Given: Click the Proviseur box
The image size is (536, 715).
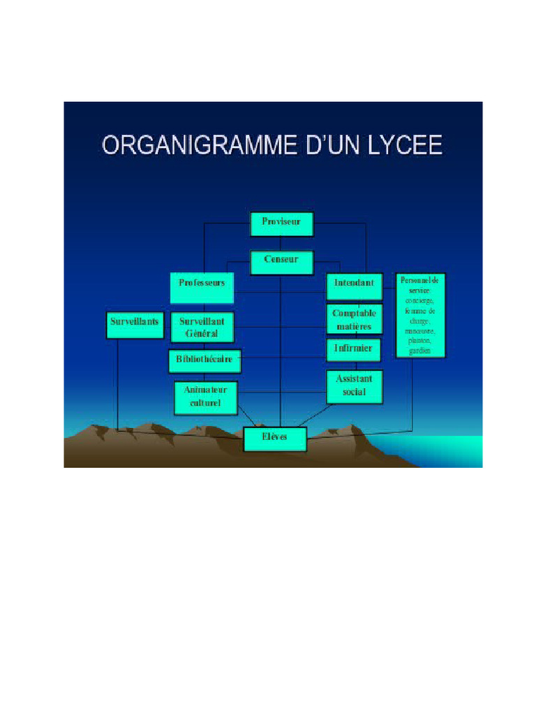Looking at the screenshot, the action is click(282, 224).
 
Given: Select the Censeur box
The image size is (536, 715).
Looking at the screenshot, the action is click(282, 262).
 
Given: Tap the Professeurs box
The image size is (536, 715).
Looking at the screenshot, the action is click(202, 287).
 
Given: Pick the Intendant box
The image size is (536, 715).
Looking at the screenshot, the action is click(355, 286).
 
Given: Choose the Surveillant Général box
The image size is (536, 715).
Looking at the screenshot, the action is click(202, 327).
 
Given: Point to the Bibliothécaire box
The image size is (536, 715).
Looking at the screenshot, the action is click(204, 361).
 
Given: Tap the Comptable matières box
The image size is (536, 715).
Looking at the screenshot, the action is click(355, 320).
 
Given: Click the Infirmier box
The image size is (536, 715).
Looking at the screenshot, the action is click(355, 350).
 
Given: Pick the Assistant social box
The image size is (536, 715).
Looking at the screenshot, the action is click(355, 386).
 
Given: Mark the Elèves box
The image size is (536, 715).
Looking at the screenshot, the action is click(275, 438).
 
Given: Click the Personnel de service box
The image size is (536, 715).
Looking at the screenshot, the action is click(419, 316).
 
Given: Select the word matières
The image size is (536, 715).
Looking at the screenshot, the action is click(355, 327).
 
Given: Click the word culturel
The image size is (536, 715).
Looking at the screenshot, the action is click(206, 403).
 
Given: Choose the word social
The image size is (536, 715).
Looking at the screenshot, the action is click(355, 392).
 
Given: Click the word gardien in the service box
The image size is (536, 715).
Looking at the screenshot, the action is click(419, 351).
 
